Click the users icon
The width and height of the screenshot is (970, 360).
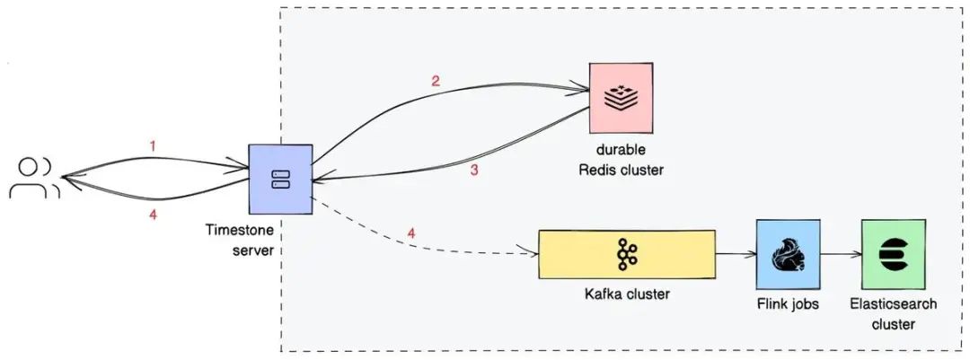34,178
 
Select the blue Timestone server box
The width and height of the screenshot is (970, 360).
280,180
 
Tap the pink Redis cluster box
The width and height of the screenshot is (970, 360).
622,98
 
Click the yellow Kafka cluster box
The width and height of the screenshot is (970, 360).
627,255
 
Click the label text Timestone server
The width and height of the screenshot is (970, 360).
240,241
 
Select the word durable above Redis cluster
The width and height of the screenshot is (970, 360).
621,150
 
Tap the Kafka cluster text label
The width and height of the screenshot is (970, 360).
627,294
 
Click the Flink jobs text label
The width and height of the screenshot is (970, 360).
788,303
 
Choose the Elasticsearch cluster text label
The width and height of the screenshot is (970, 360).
894,313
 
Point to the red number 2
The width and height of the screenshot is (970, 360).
436,81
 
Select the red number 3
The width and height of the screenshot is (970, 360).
474,170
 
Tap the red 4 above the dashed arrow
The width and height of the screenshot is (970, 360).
411,233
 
